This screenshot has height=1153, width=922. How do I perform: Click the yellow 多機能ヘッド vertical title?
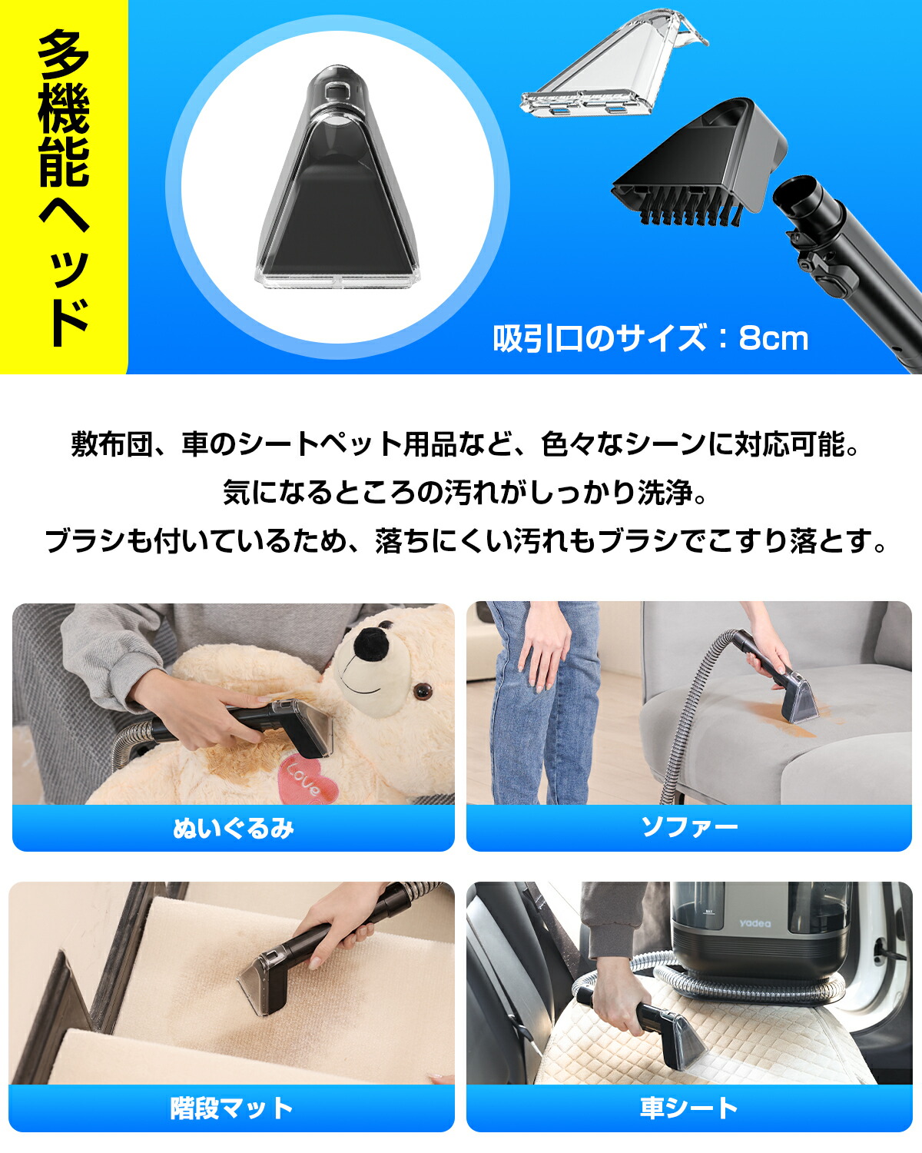click(x=64, y=187)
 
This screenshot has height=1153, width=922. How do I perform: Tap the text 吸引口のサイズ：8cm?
click(x=650, y=338)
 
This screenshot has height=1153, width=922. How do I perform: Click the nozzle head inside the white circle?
click(x=337, y=188)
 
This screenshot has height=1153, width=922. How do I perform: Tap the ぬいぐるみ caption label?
click(x=233, y=828)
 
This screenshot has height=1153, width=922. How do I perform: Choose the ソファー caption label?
click(x=688, y=828)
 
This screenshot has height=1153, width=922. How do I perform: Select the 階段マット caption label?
click(x=231, y=1108)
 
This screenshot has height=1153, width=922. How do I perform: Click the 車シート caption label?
click(x=688, y=1108)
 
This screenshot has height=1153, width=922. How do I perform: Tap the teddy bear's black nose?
click(x=373, y=642)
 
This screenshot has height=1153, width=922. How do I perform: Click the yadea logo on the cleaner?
click(x=755, y=923)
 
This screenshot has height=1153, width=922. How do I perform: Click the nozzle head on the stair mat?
click(x=265, y=984)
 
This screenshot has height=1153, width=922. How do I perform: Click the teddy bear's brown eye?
click(x=421, y=692)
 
